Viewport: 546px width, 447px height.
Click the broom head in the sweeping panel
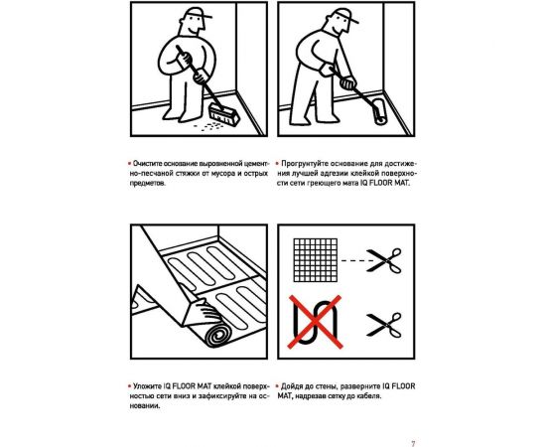point(224,115)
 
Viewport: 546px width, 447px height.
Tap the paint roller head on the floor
point(378,111)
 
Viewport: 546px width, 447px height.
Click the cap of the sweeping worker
point(198,13)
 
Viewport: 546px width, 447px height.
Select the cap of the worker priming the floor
point(345,15)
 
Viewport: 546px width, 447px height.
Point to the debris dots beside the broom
point(208,126)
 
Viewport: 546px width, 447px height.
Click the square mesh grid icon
point(316,260)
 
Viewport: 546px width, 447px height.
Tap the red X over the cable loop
point(315,322)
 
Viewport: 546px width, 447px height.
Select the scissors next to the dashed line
point(384,260)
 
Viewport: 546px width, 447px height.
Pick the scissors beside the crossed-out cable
point(384,325)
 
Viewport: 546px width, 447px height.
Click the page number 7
point(413,443)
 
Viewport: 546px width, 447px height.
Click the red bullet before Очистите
point(129,163)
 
